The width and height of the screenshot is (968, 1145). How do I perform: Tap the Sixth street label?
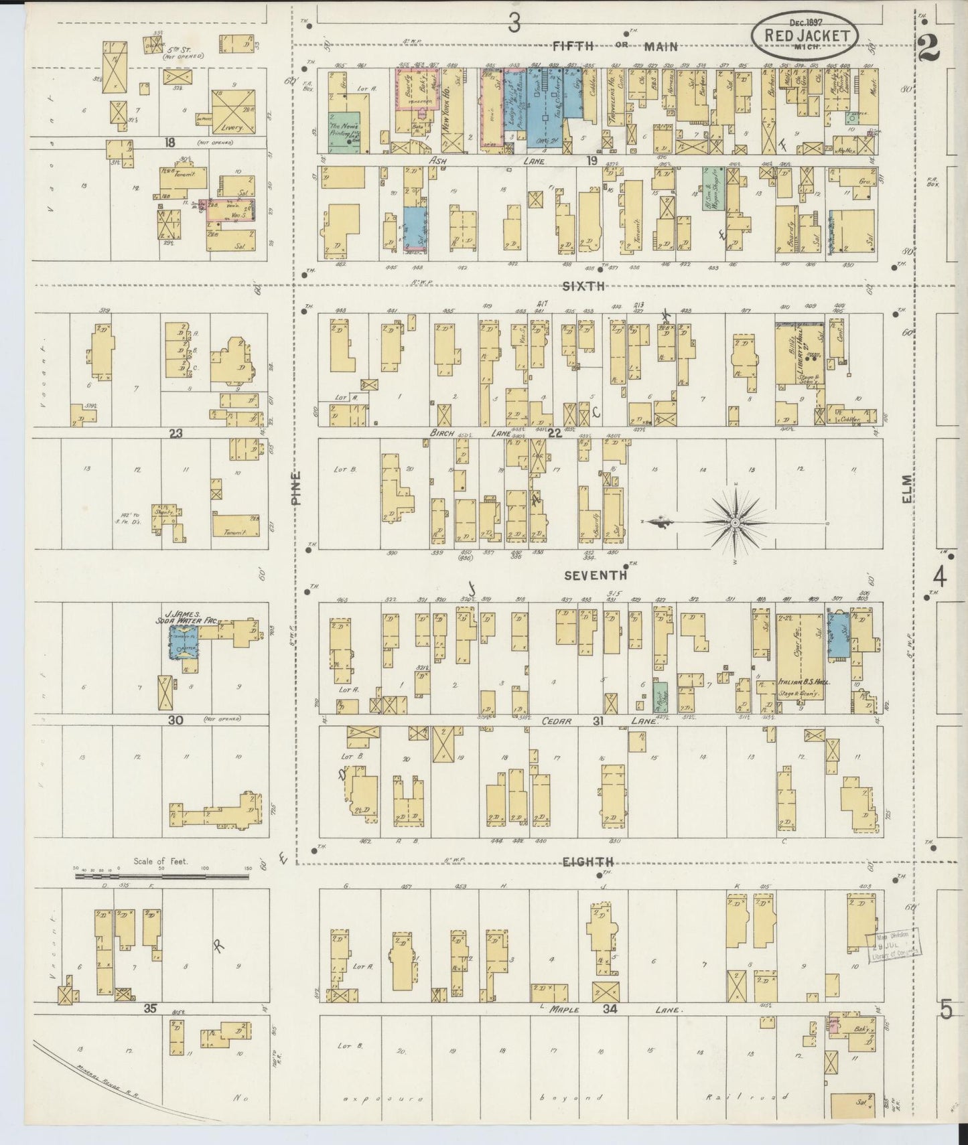point(583,286)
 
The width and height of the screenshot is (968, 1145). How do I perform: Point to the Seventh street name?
point(596,575)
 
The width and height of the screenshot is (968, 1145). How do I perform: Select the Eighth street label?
point(588,862)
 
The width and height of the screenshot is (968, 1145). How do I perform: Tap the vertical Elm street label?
point(906,489)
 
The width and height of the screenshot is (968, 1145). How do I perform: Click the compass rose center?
point(735,522)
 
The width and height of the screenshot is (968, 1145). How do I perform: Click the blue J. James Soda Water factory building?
point(183,642)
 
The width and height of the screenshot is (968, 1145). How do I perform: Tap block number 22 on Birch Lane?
point(554,433)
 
